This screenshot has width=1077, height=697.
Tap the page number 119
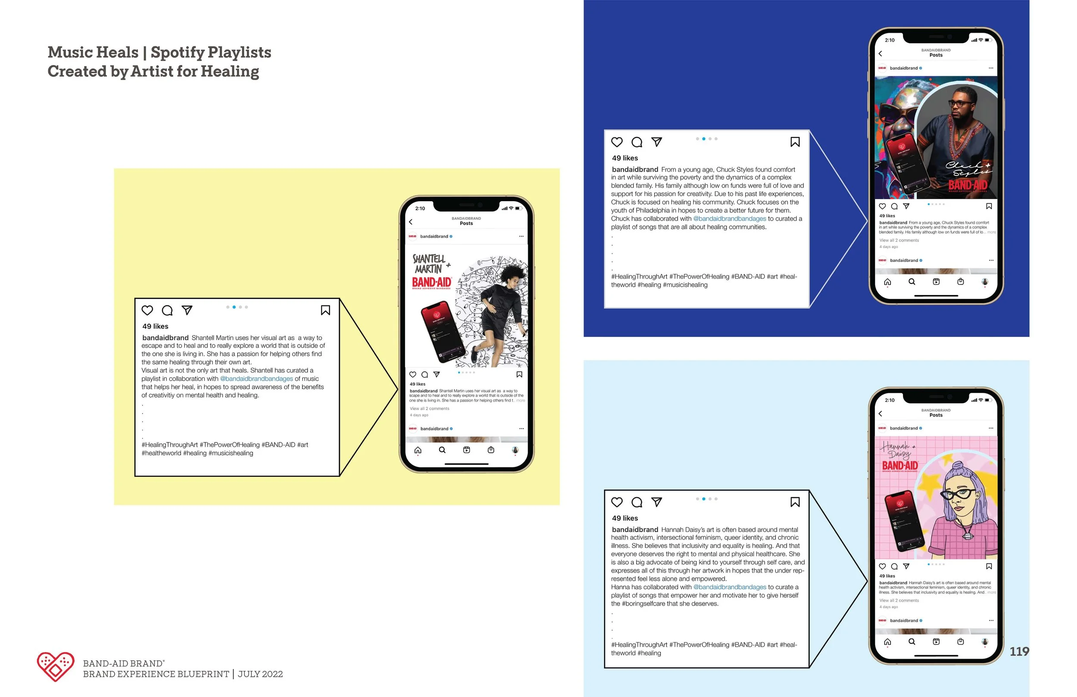[x=1019, y=651]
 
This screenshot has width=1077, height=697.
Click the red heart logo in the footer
[x=56, y=666]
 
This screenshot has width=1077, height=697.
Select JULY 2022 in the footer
[x=260, y=674]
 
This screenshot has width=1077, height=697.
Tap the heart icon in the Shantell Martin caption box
[x=147, y=311]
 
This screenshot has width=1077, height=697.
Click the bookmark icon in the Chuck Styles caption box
[x=795, y=142]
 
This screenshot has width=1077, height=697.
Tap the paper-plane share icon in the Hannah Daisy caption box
[x=657, y=502]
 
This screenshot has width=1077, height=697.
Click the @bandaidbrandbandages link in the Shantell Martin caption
[x=257, y=379]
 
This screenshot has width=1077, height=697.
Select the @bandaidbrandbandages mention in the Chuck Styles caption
[x=729, y=218]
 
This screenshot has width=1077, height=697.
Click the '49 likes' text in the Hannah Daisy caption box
[x=625, y=518]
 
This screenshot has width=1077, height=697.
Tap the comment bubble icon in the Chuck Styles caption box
[x=637, y=142]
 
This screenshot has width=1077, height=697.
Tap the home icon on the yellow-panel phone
[x=418, y=450]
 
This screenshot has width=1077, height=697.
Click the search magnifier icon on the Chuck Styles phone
[x=912, y=282]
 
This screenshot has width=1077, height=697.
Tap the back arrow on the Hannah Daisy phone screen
[x=880, y=414]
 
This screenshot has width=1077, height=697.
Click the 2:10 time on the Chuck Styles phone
[x=890, y=40]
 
